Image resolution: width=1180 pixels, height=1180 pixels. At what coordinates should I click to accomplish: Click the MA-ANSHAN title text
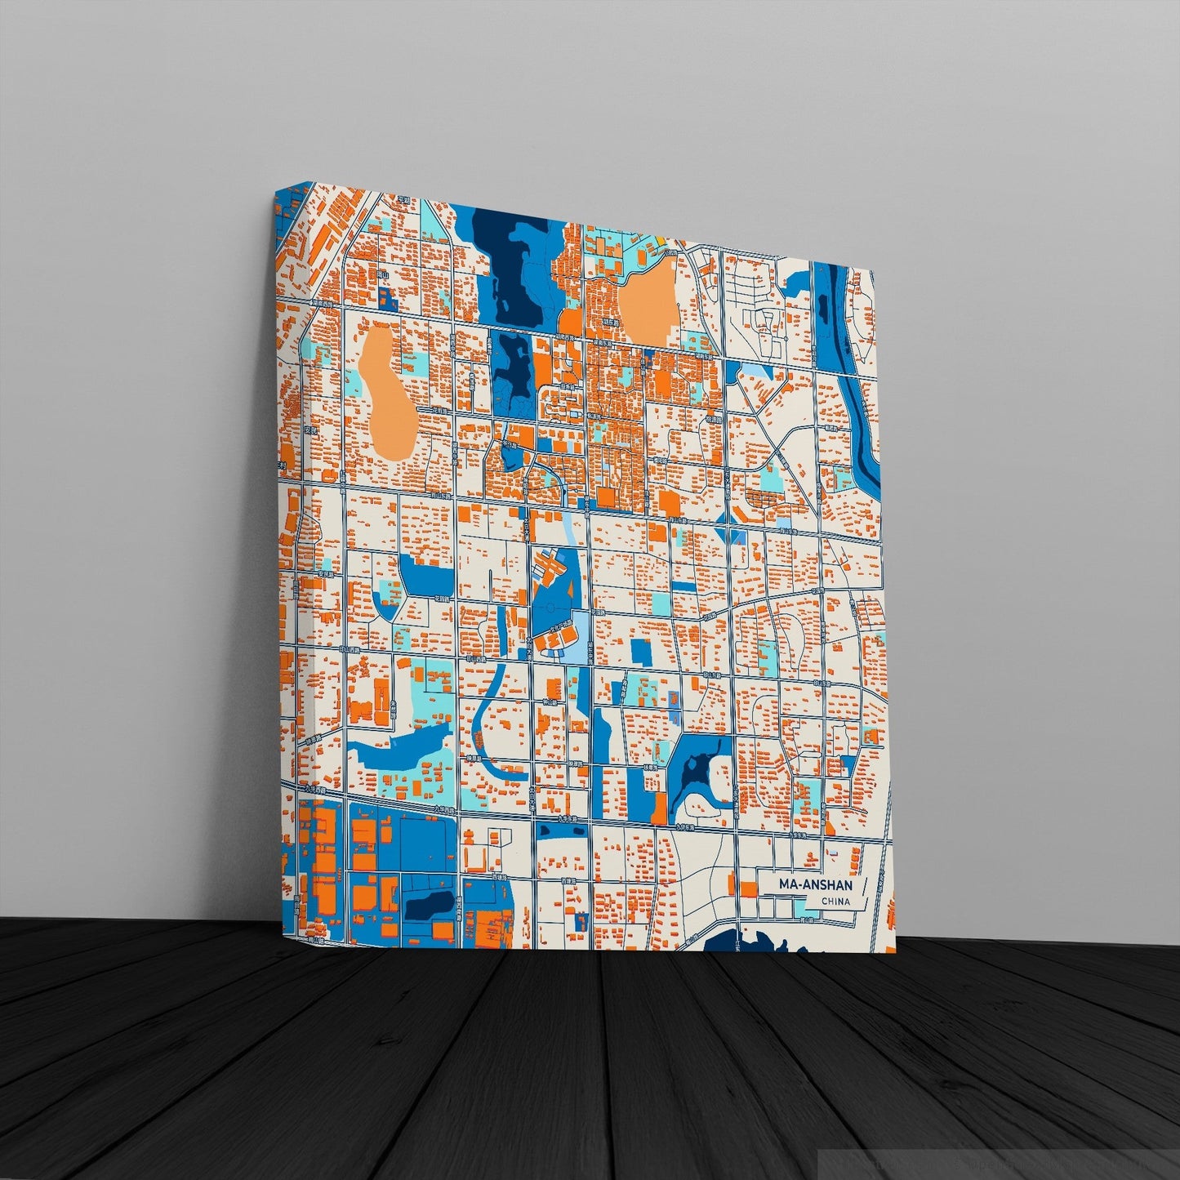(815, 885)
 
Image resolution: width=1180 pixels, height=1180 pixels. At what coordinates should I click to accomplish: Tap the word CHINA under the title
(835, 902)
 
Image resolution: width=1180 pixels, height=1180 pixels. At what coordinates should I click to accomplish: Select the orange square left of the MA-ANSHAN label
(747, 888)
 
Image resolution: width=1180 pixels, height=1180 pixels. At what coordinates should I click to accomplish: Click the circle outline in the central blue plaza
(551, 607)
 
